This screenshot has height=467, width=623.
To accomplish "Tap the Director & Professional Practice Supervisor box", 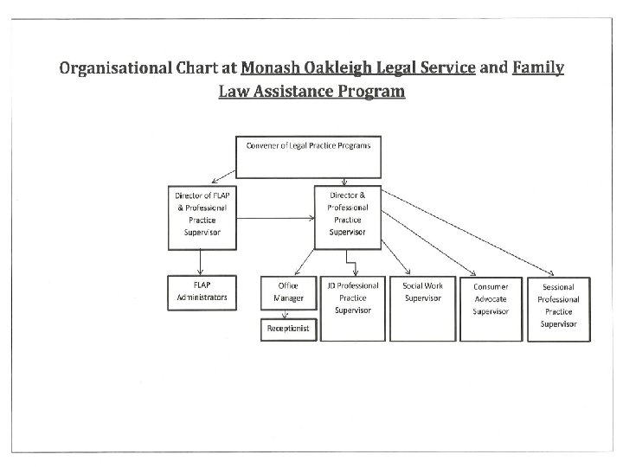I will click(x=348, y=216).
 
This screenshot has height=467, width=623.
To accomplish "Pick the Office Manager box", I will click(x=287, y=291).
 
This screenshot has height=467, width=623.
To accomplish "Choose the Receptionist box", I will click(x=287, y=329).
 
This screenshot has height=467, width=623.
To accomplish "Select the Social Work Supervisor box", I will click(x=421, y=307).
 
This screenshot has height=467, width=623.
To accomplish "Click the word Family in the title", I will click(x=537, y=67).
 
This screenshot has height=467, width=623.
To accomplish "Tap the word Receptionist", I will click(x=287, y=329).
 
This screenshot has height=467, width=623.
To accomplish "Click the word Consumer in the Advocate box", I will click(x=490, y=286).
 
